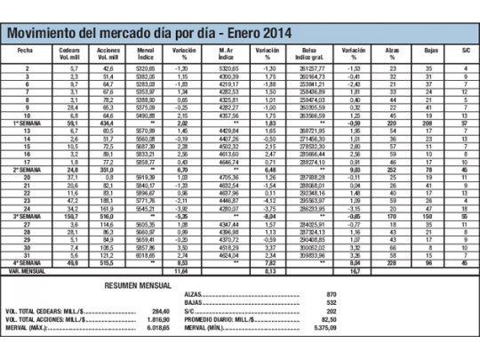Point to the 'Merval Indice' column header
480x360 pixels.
coord(149,54)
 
